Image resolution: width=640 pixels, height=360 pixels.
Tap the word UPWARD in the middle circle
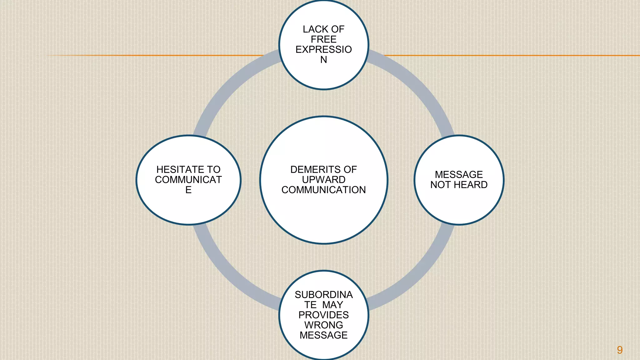pos(324,180)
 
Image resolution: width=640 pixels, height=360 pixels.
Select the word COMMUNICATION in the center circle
pos(324,190)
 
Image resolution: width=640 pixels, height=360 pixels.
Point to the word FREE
pos(324,39)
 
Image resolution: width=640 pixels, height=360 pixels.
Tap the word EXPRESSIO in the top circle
pos(324,49)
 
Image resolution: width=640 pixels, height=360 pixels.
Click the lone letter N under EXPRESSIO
pos(324,60)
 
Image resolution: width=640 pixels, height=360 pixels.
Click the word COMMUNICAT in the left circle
pos(188,180)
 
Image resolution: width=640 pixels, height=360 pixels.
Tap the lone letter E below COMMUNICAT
pos(188,190)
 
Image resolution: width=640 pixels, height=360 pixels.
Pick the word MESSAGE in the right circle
pos(459,175)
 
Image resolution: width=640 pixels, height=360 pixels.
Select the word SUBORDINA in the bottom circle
pos(324,295)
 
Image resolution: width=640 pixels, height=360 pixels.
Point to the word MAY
pos(333,305)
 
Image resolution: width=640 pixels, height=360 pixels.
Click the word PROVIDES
pos(324,315)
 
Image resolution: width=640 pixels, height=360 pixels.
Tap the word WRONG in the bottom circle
pos(324,325)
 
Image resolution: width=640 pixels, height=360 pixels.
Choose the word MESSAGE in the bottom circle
pos(324,335)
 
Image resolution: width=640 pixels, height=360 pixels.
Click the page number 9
pos(620,350)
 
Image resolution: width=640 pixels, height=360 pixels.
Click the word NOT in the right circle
pos(441,185)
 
